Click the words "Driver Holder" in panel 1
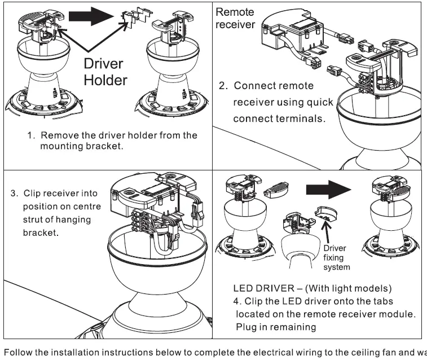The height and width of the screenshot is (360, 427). click(x=105, y=72)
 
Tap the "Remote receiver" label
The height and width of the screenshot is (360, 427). click(x=235, y=18)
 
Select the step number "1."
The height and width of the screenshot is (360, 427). click(x=32, y=136)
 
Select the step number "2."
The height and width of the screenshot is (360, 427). click(x=223, y=86)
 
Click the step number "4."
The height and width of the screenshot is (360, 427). click(x=236, y=301)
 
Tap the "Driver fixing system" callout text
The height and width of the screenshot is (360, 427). click(x=337, y=258)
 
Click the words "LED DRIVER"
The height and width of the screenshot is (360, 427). click(x=252, y=288)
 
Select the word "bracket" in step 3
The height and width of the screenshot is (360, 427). click(x=40, y=232)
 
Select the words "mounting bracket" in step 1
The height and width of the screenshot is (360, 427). click(x=82, y=146)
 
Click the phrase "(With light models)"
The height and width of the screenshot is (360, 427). click(x=346, y=288)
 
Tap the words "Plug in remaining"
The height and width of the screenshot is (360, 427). click(x=276, y=327)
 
